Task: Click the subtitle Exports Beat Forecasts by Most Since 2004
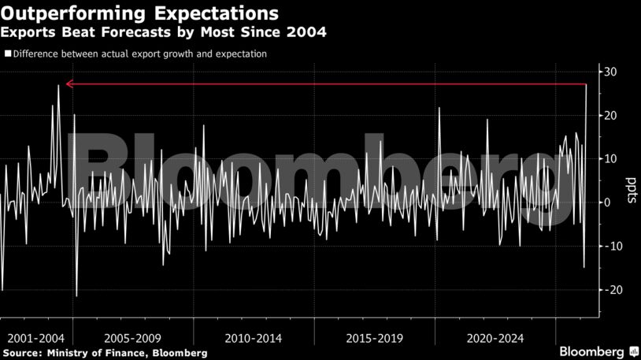(164, 32)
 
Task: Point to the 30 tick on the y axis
(610, 72)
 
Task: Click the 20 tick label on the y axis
(610, 116)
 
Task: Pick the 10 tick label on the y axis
(610, 159)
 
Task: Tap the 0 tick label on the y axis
(607, 202)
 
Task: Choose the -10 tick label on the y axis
(609, 246)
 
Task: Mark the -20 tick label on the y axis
(609, 290)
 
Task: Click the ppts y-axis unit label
(631, 191)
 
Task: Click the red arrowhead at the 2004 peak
(70, 84)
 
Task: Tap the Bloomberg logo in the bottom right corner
(598, 351)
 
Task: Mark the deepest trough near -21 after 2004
(76, 295)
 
